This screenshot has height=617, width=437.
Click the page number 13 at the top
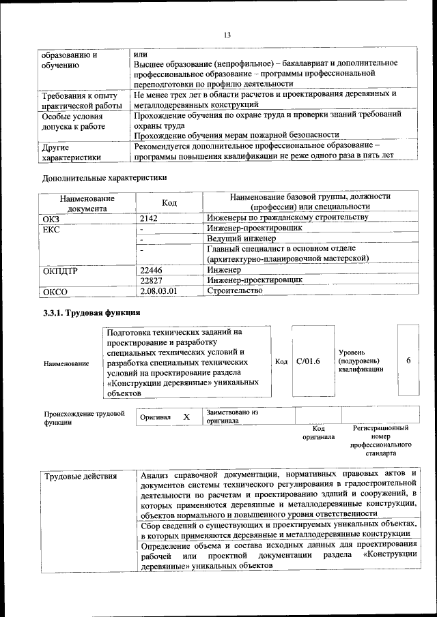227,35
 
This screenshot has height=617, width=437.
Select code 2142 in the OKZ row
150,217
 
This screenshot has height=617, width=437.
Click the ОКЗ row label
53,218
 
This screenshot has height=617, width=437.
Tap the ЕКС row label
51,230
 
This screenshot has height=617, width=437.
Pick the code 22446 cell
152,270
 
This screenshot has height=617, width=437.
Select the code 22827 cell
152,280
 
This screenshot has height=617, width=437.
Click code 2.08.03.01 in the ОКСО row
158,291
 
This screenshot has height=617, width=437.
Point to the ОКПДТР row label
60,271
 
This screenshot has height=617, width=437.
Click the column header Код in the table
169,202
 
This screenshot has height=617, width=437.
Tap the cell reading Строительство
234,290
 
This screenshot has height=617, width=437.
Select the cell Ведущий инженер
241,239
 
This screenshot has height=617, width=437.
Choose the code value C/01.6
308,361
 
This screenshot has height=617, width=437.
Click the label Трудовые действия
81,477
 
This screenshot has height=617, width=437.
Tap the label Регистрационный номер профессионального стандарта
380,440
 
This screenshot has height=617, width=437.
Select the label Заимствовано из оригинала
232,417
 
